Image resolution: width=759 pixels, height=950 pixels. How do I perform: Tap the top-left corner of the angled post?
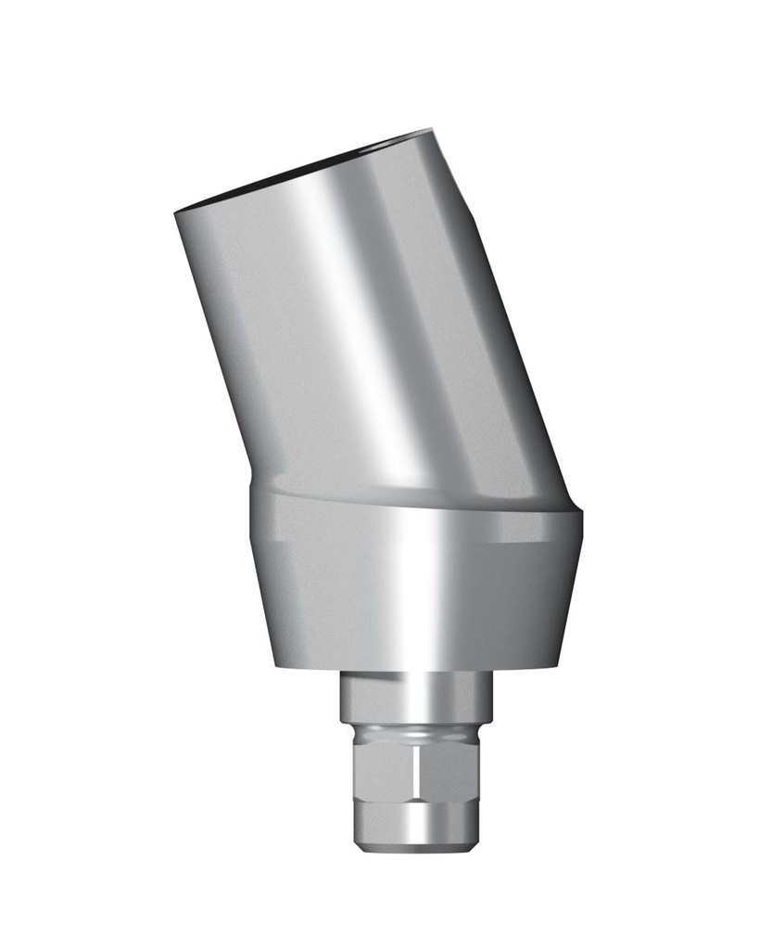click(176, 212)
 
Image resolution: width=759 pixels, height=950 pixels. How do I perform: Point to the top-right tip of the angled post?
click(432, 130)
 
